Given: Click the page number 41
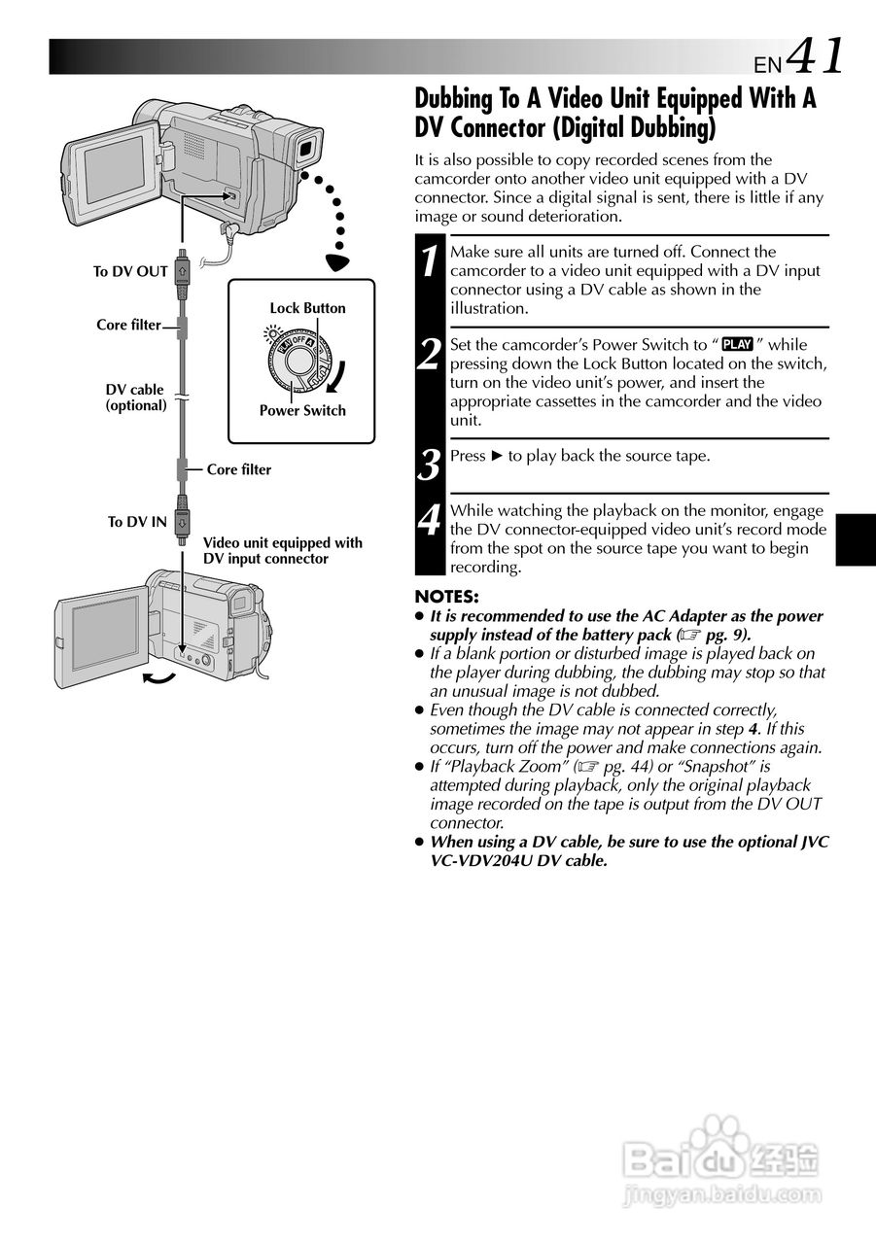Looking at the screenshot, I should [x=815, y=56].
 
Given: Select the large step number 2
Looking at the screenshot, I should [x=430, y=355].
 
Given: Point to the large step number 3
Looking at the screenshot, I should [x=430, y=465].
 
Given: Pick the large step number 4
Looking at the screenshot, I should [x=430, y=520].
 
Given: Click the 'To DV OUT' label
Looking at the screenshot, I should [x=130, y=272].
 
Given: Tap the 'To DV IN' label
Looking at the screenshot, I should [x=137, y=522].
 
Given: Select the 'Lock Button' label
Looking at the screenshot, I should [x=307, y=308].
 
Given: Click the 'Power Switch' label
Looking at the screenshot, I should [x=302, y=410].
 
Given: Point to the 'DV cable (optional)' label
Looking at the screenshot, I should [x=135, y=397].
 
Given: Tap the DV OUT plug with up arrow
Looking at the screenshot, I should [x=182, y=271].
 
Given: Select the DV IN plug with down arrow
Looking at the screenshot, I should [x=182, y=521].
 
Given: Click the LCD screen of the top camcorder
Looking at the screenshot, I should [x=113, y=168].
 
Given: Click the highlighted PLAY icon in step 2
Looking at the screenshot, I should [x=738, y=344].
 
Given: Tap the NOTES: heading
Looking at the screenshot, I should [x=446, y=597].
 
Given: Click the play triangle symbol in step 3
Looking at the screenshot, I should [x=498, y=456].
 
